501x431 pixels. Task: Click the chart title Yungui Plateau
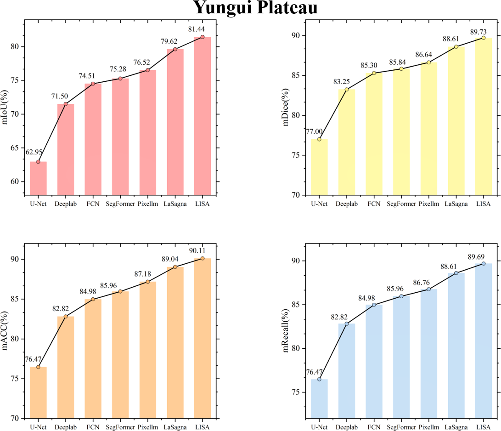255,8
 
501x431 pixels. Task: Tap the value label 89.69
484,256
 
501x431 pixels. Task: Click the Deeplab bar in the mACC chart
66,367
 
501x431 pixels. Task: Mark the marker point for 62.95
38,162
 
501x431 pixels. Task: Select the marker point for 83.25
347,89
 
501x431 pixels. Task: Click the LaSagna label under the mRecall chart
456,427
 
